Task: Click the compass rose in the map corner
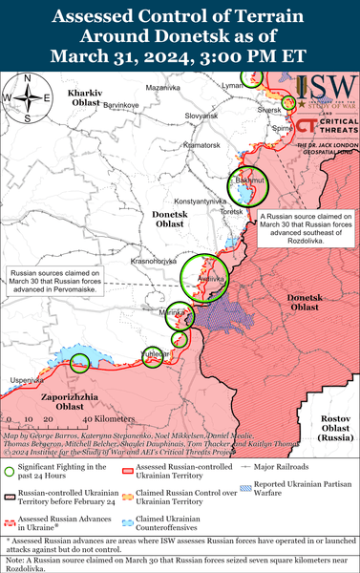click(x=28, y=96)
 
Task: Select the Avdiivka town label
click(x=197, y=279)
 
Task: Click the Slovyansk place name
click(x=201, y=116)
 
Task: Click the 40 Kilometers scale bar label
click(x=84, y=418)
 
